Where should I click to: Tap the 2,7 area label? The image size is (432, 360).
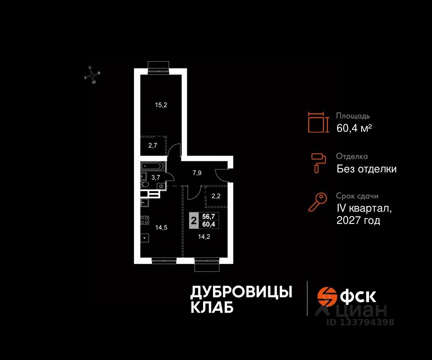(x=153, y=145)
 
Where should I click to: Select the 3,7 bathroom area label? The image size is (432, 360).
(x=155, y=177)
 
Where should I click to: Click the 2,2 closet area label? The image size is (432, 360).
(x=216, y=197)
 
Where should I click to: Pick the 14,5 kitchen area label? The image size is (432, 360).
(x=161, y=228)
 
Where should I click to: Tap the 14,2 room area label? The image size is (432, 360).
(x=204, y=237)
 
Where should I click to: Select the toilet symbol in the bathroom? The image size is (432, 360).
(x=144, y=184)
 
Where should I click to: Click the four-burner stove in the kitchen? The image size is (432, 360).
(x=144, y=219)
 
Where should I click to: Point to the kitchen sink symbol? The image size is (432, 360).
(x=144, y=202)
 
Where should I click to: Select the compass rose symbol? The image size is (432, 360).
(x=93, y=75)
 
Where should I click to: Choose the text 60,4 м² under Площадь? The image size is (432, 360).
(x=354, y=128)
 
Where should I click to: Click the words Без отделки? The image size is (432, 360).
(x=366, y=168)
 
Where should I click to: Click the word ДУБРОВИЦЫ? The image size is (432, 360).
(x=241, y=292)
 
